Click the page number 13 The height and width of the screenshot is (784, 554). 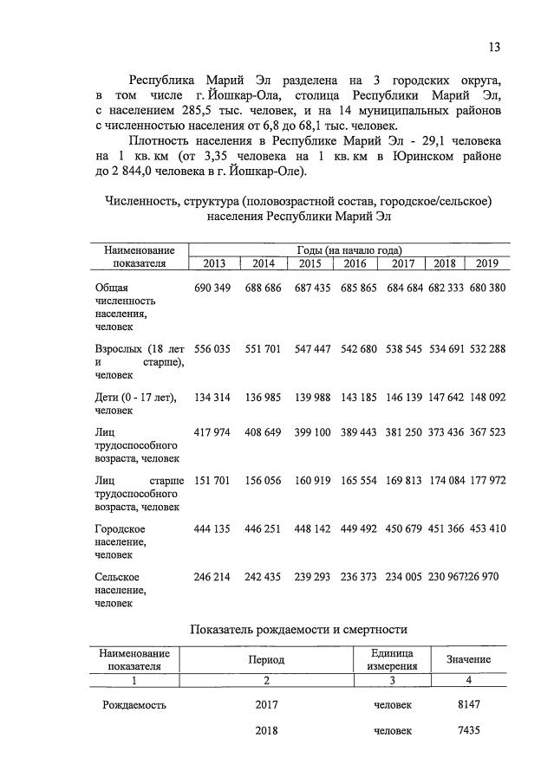tap(494, 47)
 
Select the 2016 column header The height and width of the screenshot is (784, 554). tap(355, 264)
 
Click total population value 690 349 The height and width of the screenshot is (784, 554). tap(211, 287)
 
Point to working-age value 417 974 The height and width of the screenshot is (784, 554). tap(211, 431)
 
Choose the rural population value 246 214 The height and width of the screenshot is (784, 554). tap(211, 576)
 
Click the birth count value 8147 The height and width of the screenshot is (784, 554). tap(468, 704)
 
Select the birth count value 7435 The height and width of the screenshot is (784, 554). tap(468, 731)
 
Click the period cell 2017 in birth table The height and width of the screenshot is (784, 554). tap(266, 704)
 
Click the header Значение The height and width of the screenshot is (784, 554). tap(468, 660)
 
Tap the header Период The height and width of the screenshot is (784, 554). tap(266, 660)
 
